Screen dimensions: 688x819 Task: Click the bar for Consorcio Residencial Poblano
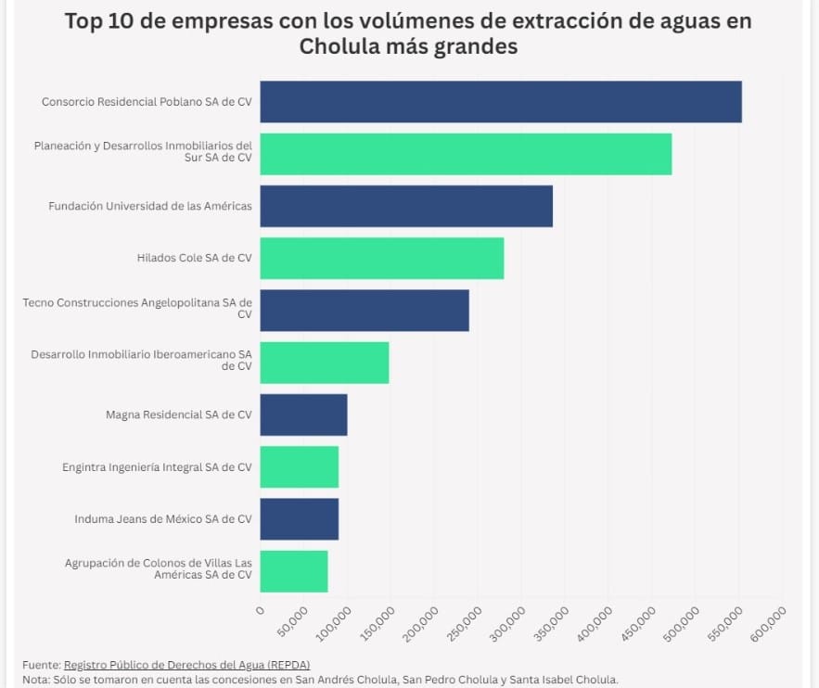pyautogui.click(x=501, y=101)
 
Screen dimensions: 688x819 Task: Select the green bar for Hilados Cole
pyautogui.click(x=381, y=258)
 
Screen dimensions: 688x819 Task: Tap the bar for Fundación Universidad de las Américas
pyautogui.click(x=406, y=206)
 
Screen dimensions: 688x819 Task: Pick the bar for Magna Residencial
pyautogui.click(x=303, y=414)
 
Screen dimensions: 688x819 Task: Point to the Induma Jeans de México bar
pyautogui.click(x=299, y=519)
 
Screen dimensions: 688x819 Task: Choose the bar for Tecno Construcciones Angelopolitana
pyautogui.click(x=365, y=310)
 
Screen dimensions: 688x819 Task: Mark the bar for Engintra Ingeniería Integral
pyautogui.click(x=299, y=466)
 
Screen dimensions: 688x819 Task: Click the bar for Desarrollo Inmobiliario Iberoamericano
pyautogui.click(x=324, y=363)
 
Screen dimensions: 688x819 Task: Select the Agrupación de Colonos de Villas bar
pyautogui.click(x=293, y=571)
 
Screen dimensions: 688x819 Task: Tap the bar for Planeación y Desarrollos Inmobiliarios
pyautogui.click(x=466, y=154)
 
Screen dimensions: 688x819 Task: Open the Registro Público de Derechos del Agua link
pyautogui.click(x=186, y=665)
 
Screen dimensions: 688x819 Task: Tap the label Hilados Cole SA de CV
pyautogui.click(x=194, y=258)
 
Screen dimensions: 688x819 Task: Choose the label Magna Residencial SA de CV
pyautogui.click(x=178, y=414)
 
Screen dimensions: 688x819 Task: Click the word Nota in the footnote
pyautogui.click(x=35, y=679)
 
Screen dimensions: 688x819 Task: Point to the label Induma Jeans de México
pyautogui.click(x=162, y=519)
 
